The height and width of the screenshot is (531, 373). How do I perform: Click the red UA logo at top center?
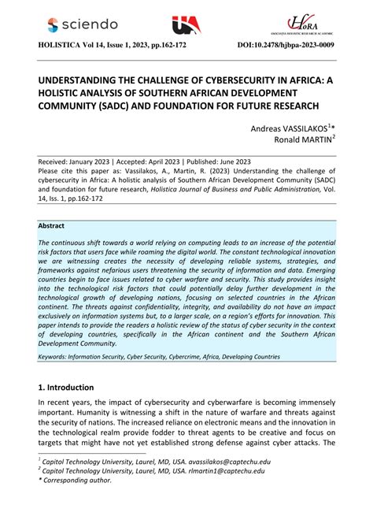(186, 26)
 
